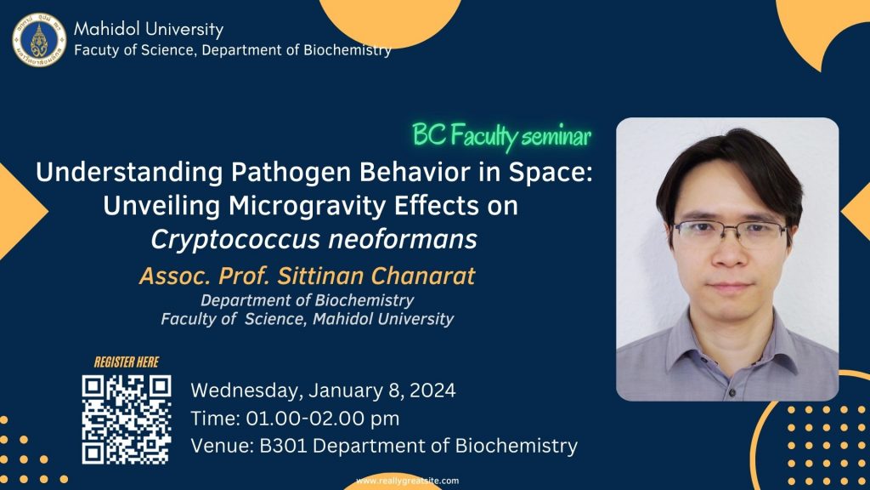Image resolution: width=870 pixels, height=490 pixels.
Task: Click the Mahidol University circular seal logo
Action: coord(39,40)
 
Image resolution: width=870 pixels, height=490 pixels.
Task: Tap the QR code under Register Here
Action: coord(127,419)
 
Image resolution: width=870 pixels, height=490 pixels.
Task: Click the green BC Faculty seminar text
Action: coord(501,136)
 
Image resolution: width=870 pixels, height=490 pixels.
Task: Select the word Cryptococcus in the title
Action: coord(236,240)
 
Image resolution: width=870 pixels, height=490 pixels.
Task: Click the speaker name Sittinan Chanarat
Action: coord(376,276)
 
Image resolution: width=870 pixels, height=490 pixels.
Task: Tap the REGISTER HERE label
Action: coord(127,362)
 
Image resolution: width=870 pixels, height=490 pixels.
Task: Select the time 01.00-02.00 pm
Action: coord(322,419)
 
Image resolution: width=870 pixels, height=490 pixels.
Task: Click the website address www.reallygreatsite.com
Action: coord(407,481)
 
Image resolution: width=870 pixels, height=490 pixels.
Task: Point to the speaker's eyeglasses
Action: coord(730,233)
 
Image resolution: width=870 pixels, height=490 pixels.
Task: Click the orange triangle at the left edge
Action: coord(22,211)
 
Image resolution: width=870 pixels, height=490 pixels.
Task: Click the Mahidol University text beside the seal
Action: coord(149,30)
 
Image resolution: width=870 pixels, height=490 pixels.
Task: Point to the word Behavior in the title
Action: coord(415,172)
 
